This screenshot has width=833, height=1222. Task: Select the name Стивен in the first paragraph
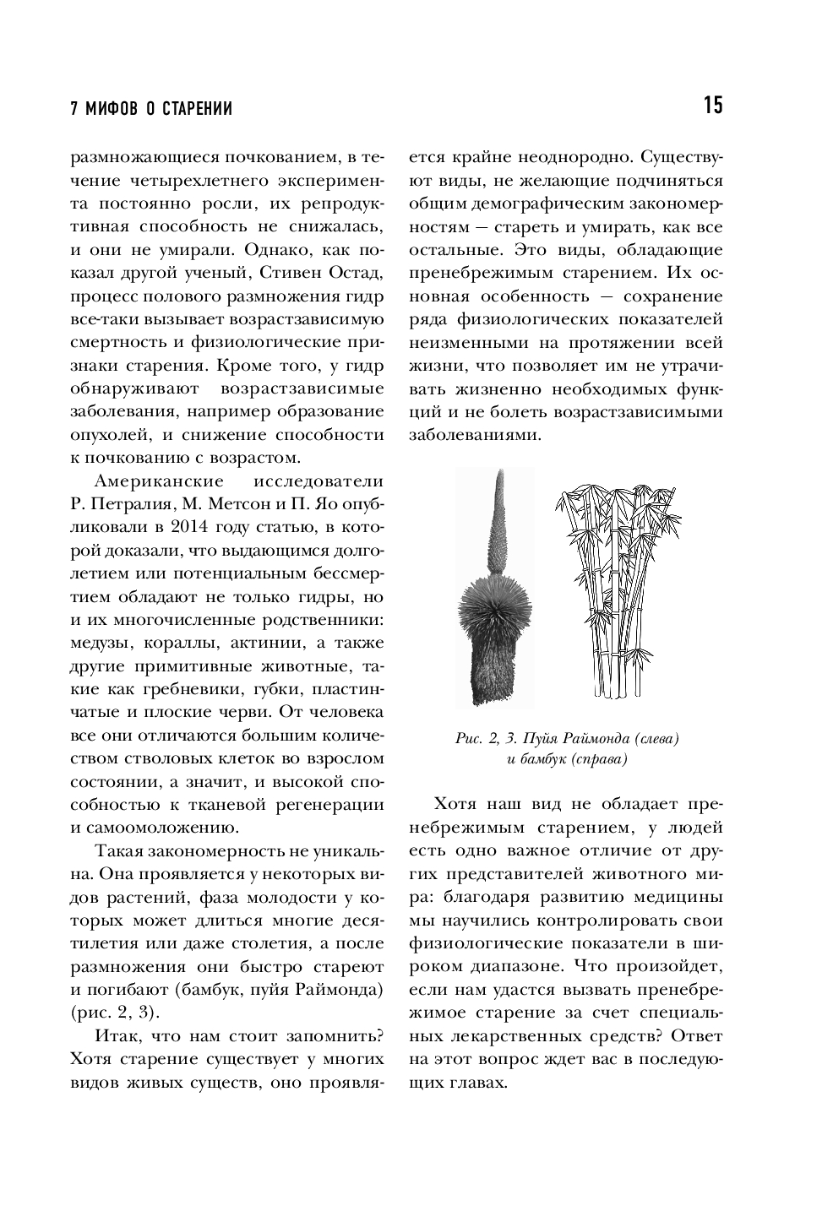tap(297, 274)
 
